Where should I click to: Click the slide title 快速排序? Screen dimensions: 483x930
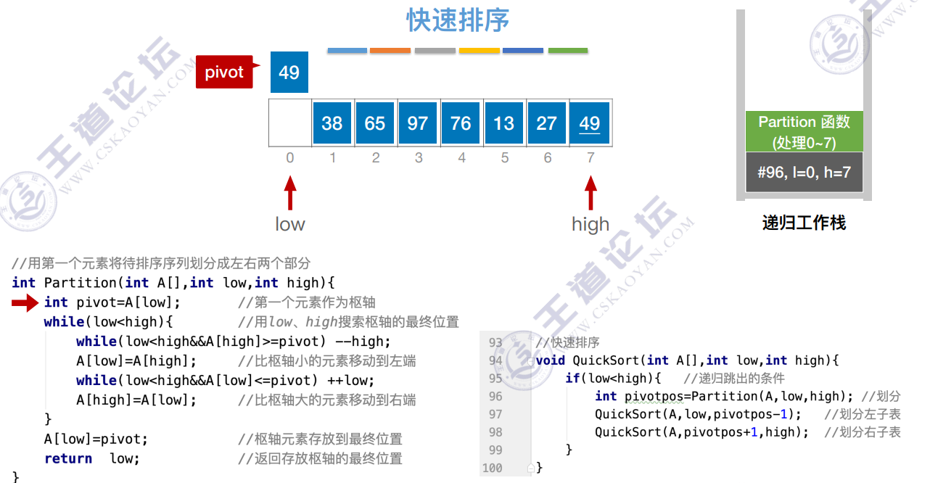(x=457, y=21)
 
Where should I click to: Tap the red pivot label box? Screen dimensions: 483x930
(x=224, y=73)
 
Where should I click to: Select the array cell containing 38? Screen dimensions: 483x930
(x=332, y=123)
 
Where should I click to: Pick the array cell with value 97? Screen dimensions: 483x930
(x=417, y=123)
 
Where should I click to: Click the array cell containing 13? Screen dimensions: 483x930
(x=503, y=123)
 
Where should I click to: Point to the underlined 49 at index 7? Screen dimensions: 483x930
(x=589, y=123)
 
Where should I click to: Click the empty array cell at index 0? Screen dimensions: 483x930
(x=289, y=123)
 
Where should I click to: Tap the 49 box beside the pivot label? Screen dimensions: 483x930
(x=289, y=73)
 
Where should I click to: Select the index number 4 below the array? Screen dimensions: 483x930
(x=461, y=157)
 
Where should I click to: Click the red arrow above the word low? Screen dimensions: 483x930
(x=290, y=194)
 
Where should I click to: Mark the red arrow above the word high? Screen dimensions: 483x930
(x=590, y=194)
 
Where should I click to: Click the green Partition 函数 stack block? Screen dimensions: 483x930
(x=804, y=131)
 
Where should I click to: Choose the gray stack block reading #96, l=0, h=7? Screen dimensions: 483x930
(x=804, y=173)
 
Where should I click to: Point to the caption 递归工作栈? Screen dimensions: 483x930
(x=804, y=223)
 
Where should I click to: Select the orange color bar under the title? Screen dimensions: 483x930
(x=390, y=51)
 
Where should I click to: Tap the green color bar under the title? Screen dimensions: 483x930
(x=567, y=51)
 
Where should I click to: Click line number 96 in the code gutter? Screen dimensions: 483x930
(x=495, y=396)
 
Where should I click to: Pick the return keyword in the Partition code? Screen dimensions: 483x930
(x=68, y=458)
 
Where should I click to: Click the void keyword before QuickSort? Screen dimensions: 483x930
(x=551, y=360)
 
